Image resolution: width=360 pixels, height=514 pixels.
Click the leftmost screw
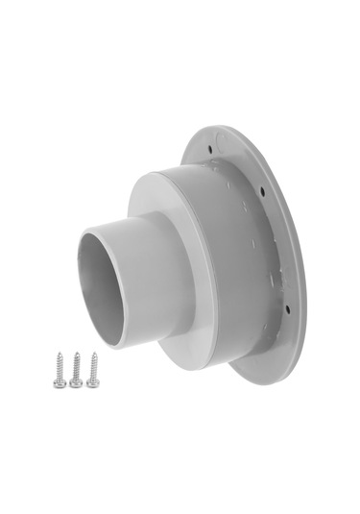59,370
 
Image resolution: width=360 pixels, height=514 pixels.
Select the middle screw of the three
75,370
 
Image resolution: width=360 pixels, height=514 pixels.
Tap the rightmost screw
92,369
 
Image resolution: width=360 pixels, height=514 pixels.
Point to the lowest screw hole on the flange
285,309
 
